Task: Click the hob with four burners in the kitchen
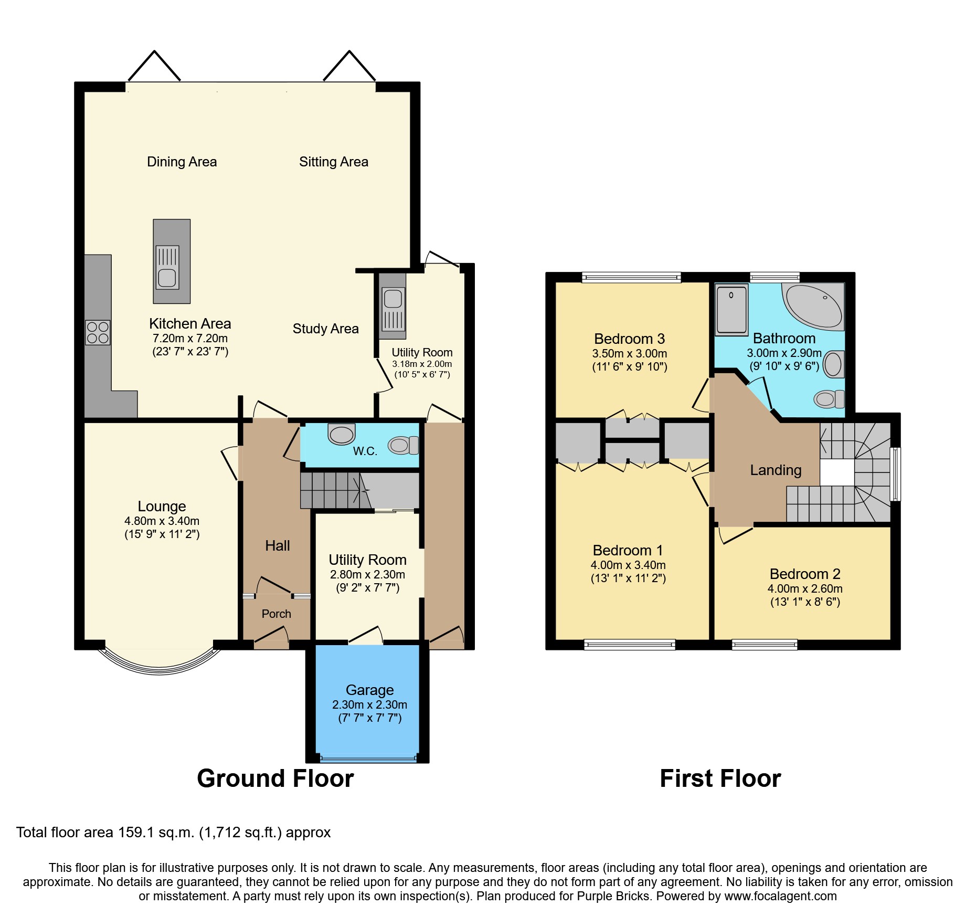pyautogui.click(x=98, y=332)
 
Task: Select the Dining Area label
pyautogui.click(x=182, y=162)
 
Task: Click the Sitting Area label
pyautogui.click(x=334, y=162)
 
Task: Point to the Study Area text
pyautogui.click(x=325, y=329)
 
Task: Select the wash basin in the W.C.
pyautogui.click(x=342, y=434)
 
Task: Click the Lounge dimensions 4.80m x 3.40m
pyautogui.click(x=162, y=521)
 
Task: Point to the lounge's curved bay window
pyautogui.click(x=160, y=667)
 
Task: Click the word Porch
pyautogui.click(x=276, y=614)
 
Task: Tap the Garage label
pyautogui.click(x=369, y=690)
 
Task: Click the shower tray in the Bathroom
pyautogui.click(x=731, y=310)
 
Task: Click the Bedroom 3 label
pyautogui.click(x=629, y=339)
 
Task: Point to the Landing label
pyautogui.click(x=776, y=470)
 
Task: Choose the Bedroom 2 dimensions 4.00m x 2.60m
pyautogui.click(x=805, y=589)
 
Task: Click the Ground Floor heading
pyautogui.click(x=275, y=778)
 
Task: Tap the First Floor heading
pyautogui.click(x=720, y=778)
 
